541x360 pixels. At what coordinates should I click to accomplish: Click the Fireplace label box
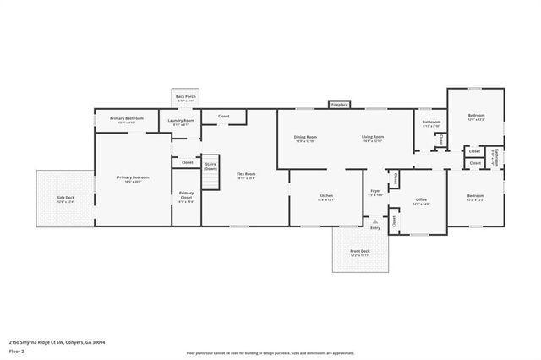[339, 105]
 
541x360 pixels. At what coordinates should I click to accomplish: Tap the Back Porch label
[186, 98]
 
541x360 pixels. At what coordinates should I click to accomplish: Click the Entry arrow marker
[375, 221]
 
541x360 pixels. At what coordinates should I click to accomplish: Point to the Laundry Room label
[181, 122]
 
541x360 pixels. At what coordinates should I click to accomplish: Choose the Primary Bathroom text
[127, 120]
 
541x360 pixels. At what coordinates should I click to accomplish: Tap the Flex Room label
[246, 176]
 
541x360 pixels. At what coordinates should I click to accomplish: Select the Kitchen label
[325, 198]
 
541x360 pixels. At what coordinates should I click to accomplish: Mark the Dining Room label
[305, 139]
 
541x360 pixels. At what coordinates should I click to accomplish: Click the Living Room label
[373, 139]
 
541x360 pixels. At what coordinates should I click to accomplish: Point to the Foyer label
[375, 192]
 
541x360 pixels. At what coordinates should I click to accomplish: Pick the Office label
[421, 201]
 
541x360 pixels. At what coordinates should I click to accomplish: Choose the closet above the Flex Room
[224, 116]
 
